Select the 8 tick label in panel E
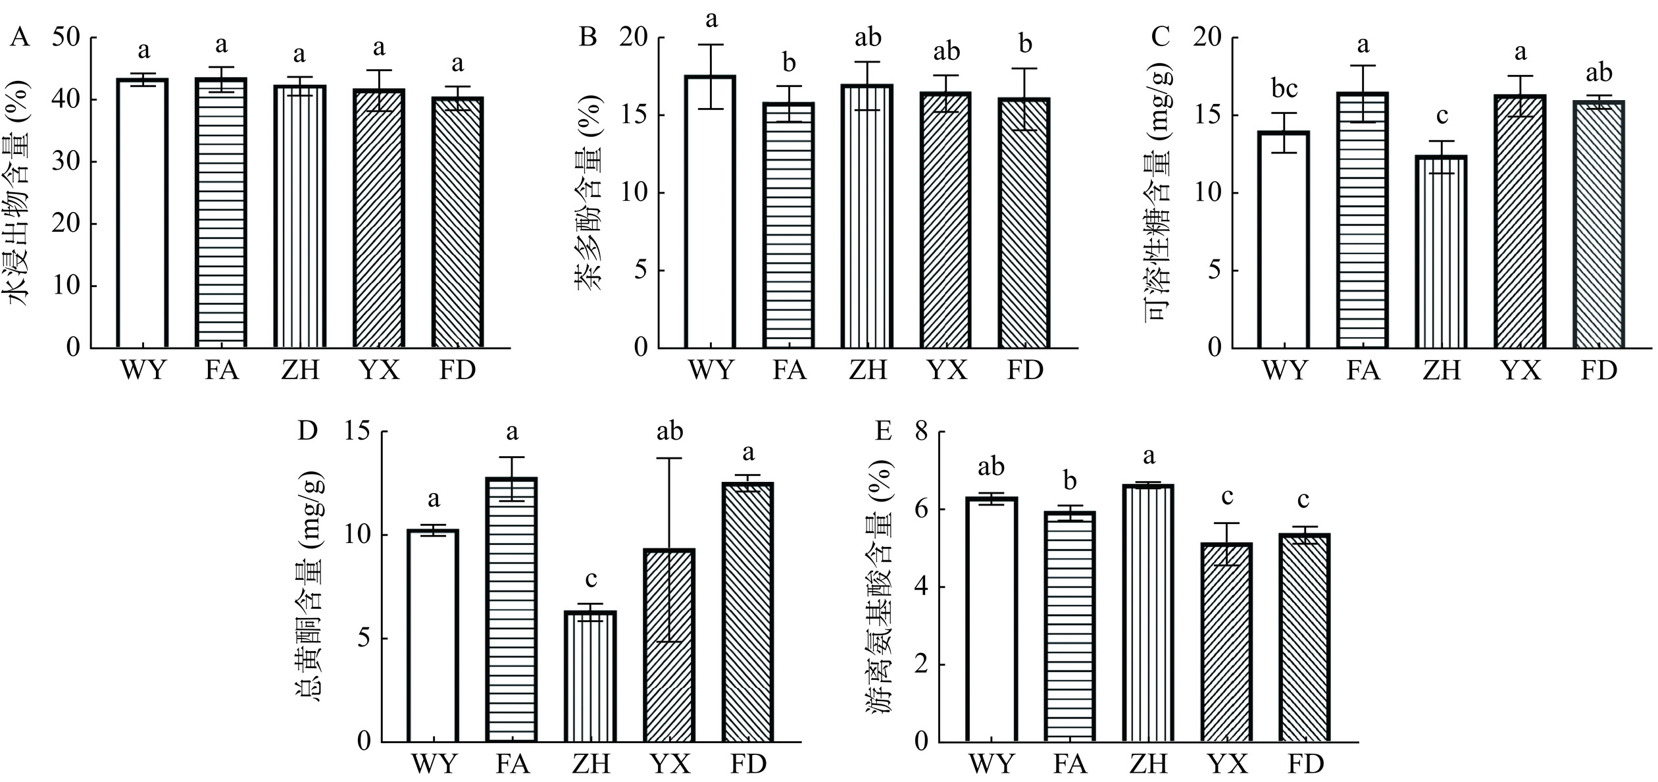922,432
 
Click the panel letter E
883,431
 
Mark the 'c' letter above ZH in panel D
591,579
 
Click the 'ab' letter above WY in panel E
992,467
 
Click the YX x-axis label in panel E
1228,765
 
